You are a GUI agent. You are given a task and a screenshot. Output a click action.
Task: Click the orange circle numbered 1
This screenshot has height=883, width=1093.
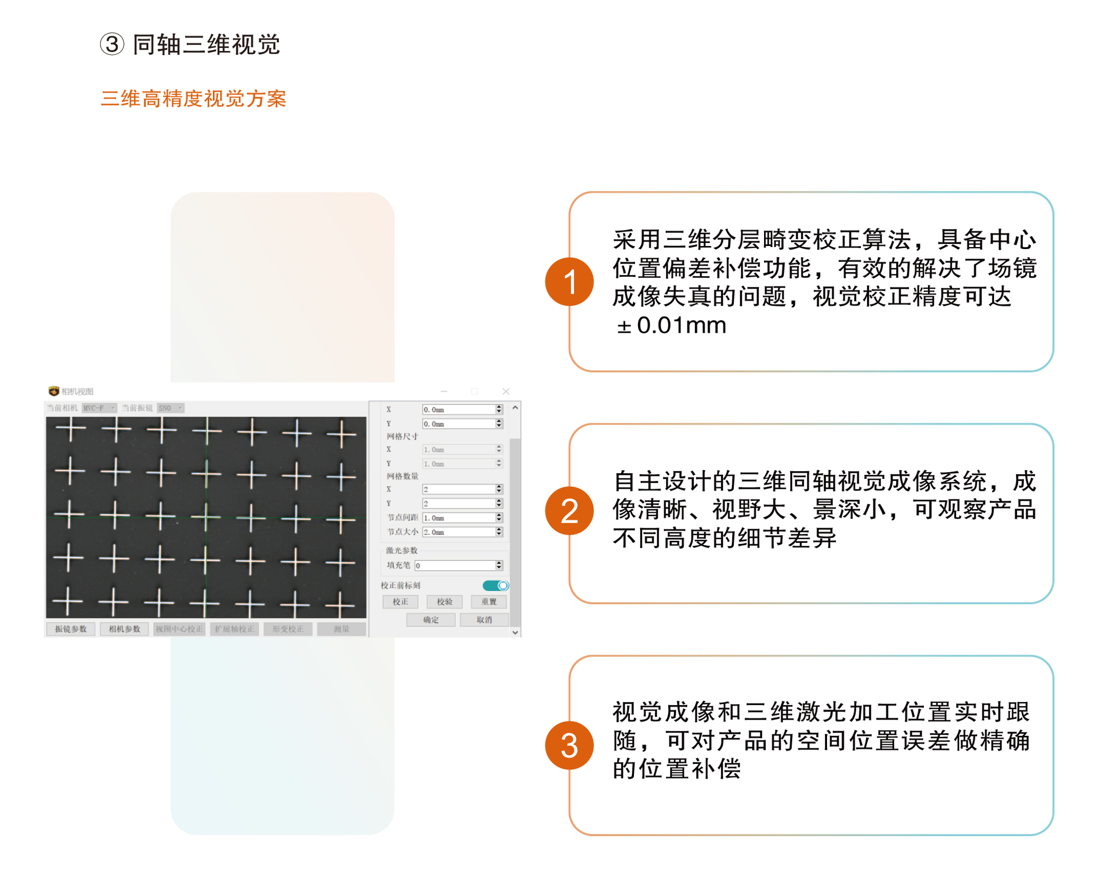[569, 282]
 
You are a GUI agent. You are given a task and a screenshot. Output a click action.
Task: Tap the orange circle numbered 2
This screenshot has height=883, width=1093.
[569, 511]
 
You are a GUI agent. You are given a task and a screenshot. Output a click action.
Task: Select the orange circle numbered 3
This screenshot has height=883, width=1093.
[569, 746]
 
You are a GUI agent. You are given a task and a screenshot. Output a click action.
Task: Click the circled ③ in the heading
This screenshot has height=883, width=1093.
[112, 44]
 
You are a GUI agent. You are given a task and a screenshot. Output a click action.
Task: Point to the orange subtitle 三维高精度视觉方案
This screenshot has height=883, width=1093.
[194, 99]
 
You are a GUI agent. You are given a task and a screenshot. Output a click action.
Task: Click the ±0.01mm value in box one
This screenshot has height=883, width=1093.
[671, 326]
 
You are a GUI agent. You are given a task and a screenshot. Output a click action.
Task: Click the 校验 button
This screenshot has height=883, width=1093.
[444, 602]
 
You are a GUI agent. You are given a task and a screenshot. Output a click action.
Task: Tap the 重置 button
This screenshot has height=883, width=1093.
[489, 602]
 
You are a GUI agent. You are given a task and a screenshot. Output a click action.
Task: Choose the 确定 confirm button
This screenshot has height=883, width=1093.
[430, 620]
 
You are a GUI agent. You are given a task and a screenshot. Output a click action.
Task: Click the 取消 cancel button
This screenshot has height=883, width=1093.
[484, 620]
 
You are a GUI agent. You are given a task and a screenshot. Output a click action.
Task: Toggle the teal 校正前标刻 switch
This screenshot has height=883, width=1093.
[495, 586]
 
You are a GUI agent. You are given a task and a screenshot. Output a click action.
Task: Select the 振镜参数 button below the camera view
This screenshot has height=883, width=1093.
[71, 629]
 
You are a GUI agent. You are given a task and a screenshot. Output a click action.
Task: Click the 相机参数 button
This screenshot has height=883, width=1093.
[124, 629]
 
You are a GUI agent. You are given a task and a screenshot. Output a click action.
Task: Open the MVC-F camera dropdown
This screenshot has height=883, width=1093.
[99, 408]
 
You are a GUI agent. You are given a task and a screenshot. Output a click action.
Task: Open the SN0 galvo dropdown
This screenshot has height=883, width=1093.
[171, 408]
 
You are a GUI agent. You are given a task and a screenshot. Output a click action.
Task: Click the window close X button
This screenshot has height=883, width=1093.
[506, 392]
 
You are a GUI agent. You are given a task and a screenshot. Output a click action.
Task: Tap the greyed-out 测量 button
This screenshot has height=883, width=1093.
[341, 629]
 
